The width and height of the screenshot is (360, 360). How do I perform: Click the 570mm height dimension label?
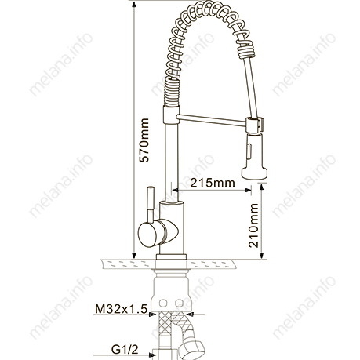144,140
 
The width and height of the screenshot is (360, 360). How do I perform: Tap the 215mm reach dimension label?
213,183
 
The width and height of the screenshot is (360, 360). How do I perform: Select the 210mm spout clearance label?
253,225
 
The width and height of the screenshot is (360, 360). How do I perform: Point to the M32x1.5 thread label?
121,309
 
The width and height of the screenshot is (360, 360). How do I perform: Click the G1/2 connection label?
125,349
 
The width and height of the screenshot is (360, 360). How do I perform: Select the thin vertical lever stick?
151,205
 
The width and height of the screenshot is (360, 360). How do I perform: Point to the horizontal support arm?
212,120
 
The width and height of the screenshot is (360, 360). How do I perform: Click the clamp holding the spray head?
254,125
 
